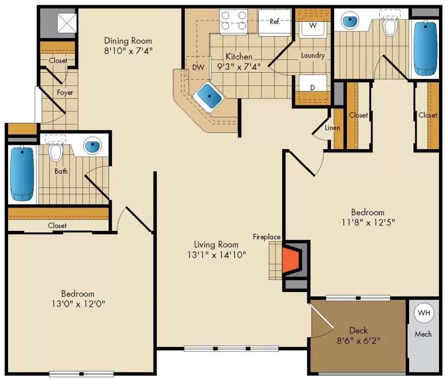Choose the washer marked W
pyautogui.click(x=313, y=26)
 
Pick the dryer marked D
pyautogui.click(x=312, y=87)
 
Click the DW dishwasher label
pyautogui.click(x=198, y=67)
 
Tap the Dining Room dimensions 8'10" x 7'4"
pyautogui.click(x=128, y=50)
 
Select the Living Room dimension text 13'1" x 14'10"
pyautogui.click(x=216, y=255)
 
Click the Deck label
pyautogui.click(x=358, y=331)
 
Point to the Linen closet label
pyautogui.click(x=332, y=128)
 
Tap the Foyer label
pyautogui.click(x=65, y=93)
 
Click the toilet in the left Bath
pyautogui.click(x=56, y=152)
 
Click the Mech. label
pyautogui.click(x=424, y=334)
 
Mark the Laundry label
pyautogui.click(x=312, y=56)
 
